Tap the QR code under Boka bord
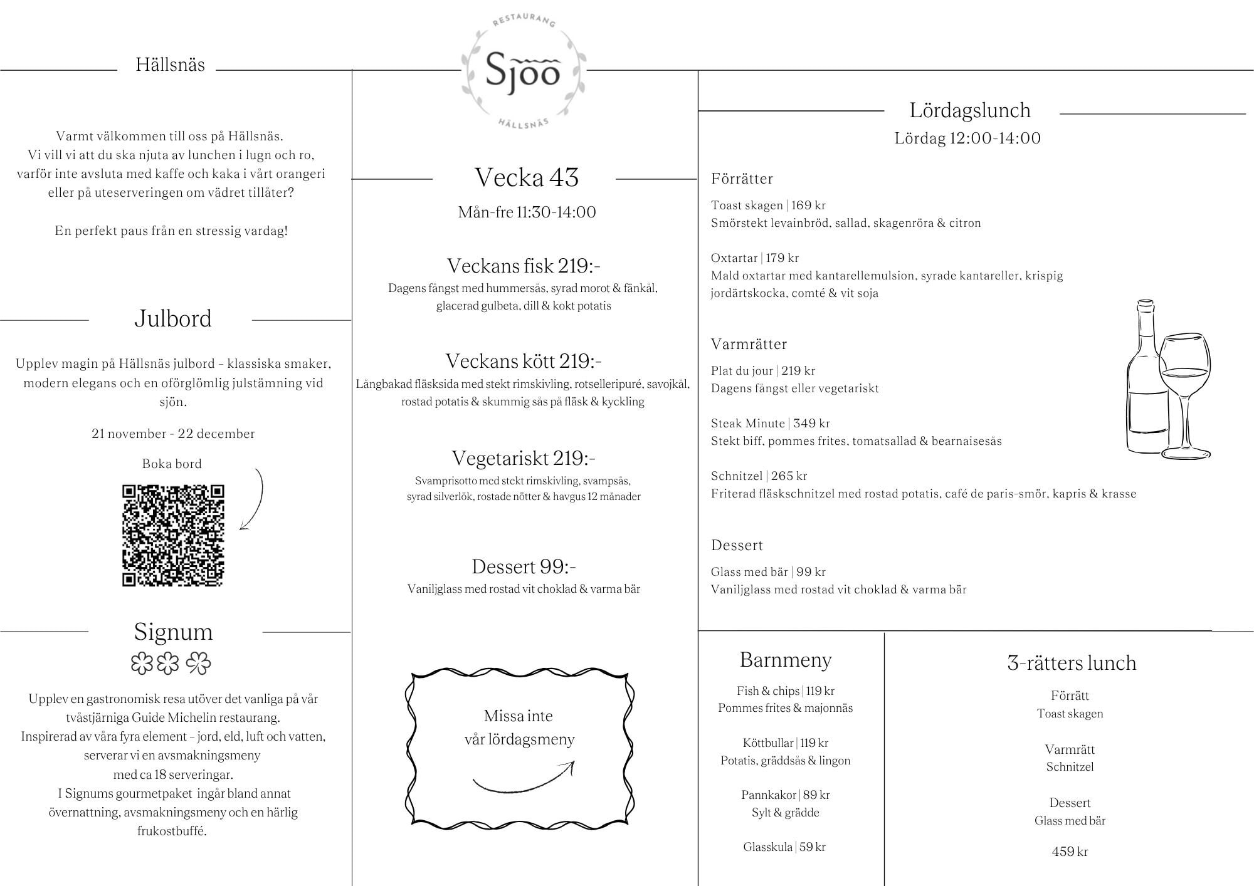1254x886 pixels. (x=173, y=536)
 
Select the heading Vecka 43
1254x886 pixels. (x=526, y=178)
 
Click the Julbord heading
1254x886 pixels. (x=172, y=319)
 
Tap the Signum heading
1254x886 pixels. (x=173, y=632)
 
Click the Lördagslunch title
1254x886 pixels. (x=970, y=111)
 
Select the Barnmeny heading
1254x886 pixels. (x=786, y=660)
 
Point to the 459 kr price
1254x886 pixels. (x=1070, y=852)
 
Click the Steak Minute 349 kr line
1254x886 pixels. (x=770, y=424)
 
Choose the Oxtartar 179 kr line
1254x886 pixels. (x=754, y=258)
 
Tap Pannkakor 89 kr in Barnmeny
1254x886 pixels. (x=785, y=795)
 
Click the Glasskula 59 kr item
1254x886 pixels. (x=784, y=847)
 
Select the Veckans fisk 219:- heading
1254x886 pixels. (x=524, y=266)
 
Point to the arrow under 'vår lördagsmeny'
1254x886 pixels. (x=524, y=779)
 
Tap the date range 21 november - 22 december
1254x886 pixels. (x=173, y=434)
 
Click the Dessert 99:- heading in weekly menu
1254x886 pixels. (x=524, y=566)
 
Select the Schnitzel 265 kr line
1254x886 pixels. (x=759, y=476)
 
